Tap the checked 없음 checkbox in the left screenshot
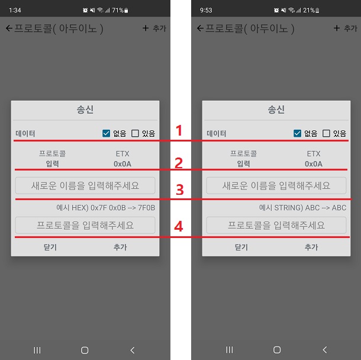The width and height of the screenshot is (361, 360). [x=106, y=133]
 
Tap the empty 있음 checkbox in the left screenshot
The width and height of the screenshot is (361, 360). [x=135, y=133]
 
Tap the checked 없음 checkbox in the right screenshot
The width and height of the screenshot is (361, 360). [x=297, y=133]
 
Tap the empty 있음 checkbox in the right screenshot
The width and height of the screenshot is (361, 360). [x=326, y=133]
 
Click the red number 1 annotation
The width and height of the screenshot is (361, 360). [x=179, y=130]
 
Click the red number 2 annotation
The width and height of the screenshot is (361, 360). [x=179, y=163]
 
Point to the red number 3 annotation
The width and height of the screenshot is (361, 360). [x=180, y=190]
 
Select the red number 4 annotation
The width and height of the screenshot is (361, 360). [x=179, y=226]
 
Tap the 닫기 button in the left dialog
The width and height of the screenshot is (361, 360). [x=50, y=247]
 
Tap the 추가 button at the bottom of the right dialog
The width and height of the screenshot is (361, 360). [x=311, y=247]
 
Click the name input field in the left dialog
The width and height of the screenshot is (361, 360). [x=85, y=185]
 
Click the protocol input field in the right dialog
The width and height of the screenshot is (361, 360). [x=276, y=225]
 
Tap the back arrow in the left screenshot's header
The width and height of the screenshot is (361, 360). [x=9, y=28]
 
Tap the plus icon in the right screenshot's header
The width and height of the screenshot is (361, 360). [x=337, y=28]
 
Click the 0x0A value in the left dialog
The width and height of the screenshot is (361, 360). [x=123, y=164]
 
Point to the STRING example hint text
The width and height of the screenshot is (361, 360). [x=302, y=207]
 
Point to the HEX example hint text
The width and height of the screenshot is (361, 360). [x=106, y=207]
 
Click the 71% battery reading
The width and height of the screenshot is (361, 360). [x=118, y=10]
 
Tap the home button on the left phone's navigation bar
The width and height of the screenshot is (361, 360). [x=85, y=350]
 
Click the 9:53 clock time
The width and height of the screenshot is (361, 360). [x=206, y=10]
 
